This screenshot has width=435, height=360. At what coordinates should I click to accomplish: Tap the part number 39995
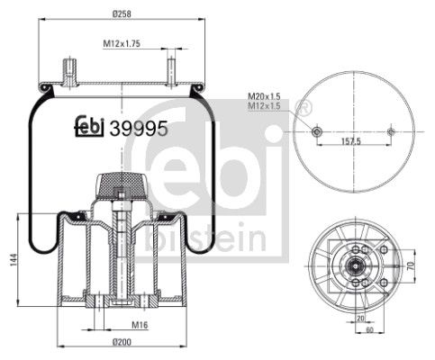pos(139,128)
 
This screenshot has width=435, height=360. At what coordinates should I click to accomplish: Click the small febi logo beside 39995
pos(89,128)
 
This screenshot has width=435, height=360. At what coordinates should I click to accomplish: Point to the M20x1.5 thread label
pos(265,95)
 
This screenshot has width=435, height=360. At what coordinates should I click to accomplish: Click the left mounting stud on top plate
pos(68,70)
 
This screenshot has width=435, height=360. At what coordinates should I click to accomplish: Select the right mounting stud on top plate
pos(168,70)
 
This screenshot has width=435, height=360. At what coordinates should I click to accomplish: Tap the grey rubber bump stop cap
pos(117,185)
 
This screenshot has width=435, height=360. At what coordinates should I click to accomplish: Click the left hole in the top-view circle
pos(315,131)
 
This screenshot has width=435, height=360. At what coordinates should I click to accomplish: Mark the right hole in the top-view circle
pos(389,131)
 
